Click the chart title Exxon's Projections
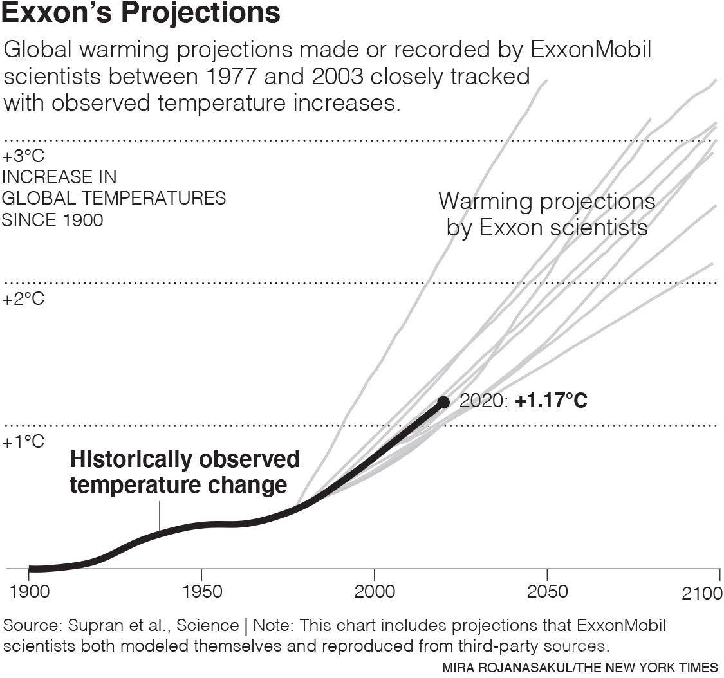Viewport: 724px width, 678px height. (141, 14)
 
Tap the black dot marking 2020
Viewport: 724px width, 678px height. (443, 402)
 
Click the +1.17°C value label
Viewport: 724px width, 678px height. (551, 401)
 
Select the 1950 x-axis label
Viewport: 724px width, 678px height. (201, 591)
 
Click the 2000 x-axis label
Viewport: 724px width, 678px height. (375, 591)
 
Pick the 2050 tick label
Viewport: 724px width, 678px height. (547, 591)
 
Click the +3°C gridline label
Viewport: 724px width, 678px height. (23, 156)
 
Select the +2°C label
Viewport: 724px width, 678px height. (23, 299)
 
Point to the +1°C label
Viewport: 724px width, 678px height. (23, 442)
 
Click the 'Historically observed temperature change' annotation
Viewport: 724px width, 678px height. (184, 472)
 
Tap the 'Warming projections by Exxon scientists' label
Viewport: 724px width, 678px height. (547, 214)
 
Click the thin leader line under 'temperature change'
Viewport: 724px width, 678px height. (159, 516)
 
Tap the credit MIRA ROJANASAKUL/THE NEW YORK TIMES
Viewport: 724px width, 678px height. (580, 668)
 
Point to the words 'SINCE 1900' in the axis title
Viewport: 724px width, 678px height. (52, 220)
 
